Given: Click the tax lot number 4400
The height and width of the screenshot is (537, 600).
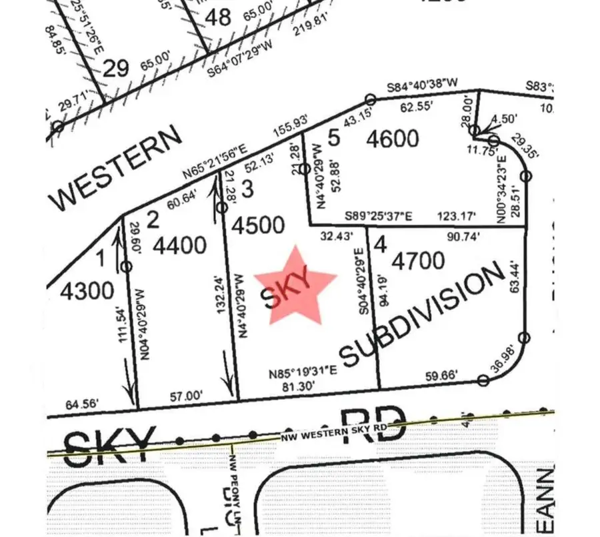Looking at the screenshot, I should [x=179, y=246].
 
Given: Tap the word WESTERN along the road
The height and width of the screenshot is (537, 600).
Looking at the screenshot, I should [x=117, y=167].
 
